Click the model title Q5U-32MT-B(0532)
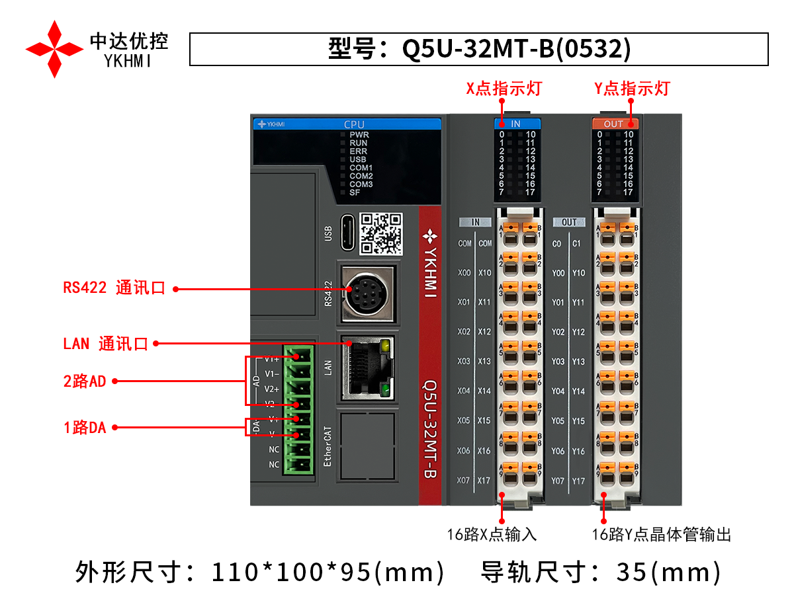(479, 49)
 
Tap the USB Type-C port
(348, 233)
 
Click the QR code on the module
(381, 233)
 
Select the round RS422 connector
(367, 295)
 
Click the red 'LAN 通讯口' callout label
(105, 344)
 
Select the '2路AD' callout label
(84, 381)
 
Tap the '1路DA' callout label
(85, 428)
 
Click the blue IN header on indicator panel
(517, 124)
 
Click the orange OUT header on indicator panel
(613, 124)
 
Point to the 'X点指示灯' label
(504, 89)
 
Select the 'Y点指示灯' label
(632, 89)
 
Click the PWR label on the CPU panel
(359, 134)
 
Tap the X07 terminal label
(464, 481)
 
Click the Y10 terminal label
(578, 273)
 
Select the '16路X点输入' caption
(492, 535)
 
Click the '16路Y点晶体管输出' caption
(662, 535)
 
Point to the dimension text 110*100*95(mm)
(328, 571)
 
